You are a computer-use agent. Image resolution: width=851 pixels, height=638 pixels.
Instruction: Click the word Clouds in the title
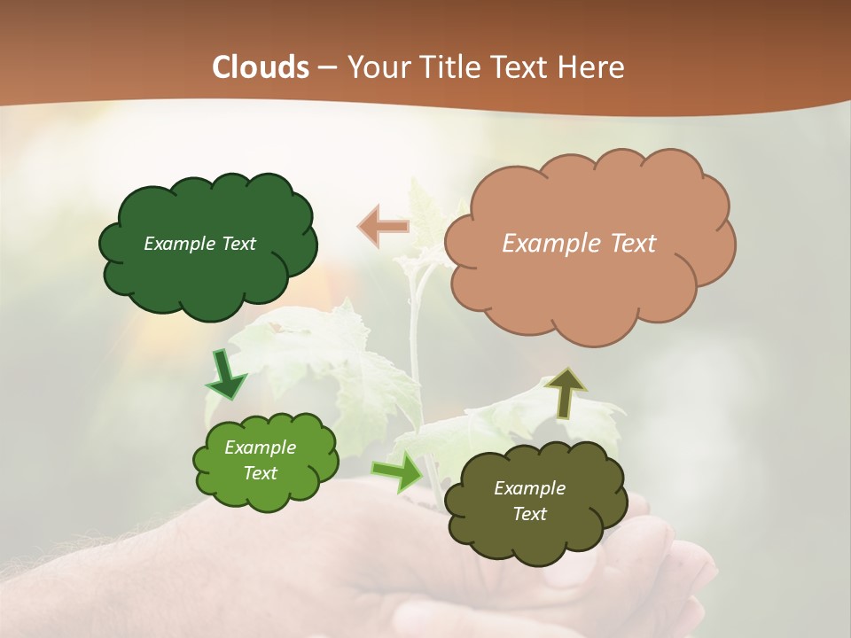pyautogui.click(x=261, y=67)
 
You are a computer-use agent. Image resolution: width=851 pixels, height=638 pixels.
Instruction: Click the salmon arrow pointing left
pyautogui.click(x=383, y=226)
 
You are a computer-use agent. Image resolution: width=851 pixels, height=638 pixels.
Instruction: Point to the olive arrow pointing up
pyautogui.click(x=566, y=393)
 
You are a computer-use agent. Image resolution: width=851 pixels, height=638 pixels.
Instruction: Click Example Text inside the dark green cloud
pyautogui.click(x=199, y=244)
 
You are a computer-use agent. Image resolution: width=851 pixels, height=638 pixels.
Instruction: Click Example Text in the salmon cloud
pyautogui.click(x=579, y=244)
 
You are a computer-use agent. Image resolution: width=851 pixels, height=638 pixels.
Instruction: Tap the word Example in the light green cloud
pyautogui.click(x=260, y=447)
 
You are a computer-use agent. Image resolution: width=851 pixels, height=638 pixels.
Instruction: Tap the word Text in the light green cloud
pyautogui.click(x=260, y=473)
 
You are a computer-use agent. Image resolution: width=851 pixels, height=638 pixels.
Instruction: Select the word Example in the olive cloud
pyautogui.click(x=529, y=488)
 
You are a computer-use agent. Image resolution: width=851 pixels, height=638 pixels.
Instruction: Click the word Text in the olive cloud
pyautogui.click(x=529, y=514)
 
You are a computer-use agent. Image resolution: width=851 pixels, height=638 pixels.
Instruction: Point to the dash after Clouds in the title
pyautogui.click(x=326, y=68)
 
